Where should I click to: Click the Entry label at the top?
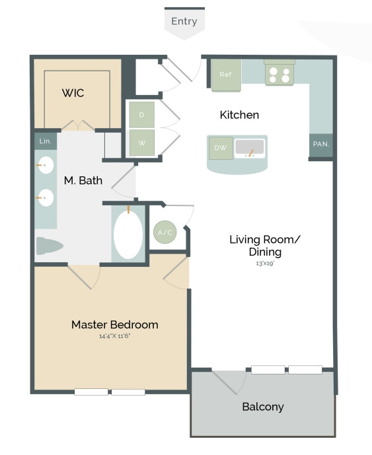tap(184, 21)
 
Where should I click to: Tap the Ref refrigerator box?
tap(225, 75)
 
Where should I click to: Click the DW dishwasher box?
tap(221, 148)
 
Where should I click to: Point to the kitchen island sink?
tap(250, 148)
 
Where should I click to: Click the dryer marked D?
tap(141, 114)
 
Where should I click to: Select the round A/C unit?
tap(164, 232)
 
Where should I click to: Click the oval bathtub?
tap(127, 234)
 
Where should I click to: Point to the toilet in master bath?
tap(49, 246)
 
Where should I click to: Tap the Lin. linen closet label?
tap(45, 141)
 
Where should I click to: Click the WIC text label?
tap(73, 93)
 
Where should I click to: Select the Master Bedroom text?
tap(114, 324)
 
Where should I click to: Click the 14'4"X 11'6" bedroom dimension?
tap(114, 336)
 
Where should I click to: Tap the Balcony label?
tap(262, 406)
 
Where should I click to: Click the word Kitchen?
tap(239, 115)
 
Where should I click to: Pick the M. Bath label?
tap(83, 180)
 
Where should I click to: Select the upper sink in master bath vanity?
tap(44, 166)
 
